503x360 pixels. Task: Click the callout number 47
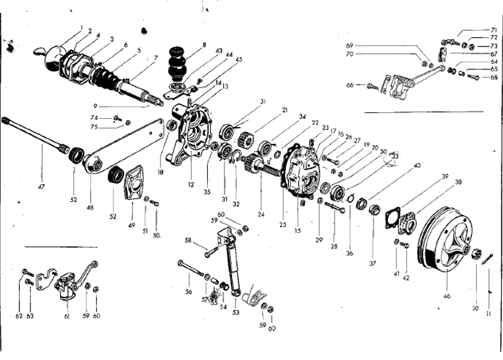coord(41,187)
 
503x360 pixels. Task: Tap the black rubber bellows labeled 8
coord(178,63)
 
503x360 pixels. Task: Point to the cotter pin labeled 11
coord(487,258)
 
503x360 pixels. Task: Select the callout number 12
coord(191,184)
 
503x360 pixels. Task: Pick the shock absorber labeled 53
coord(233,266)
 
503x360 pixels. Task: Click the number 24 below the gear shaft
coord(261,214)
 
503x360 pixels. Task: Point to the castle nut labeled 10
coord(475,254)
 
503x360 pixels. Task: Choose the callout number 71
coord(494,30)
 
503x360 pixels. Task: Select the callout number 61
coord(67,316)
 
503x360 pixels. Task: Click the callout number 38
coord(458,182)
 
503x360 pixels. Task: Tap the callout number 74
coord(94,118)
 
